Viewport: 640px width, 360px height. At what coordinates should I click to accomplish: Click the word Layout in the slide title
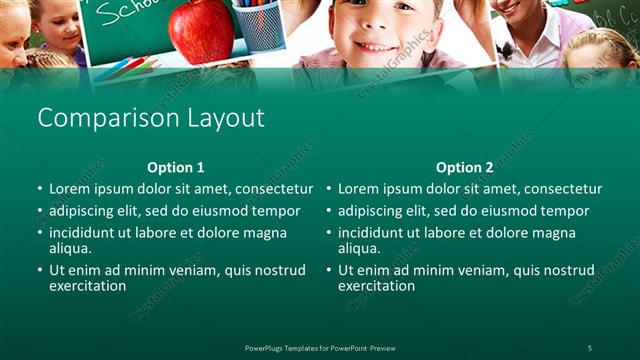pos(226,118)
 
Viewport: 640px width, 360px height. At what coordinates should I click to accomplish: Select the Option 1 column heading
pos(175,168)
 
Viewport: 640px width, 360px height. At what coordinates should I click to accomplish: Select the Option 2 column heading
pos(464,168)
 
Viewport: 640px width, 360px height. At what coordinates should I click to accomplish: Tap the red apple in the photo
pos(201,30)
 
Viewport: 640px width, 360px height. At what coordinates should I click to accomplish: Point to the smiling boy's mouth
pos(376,46)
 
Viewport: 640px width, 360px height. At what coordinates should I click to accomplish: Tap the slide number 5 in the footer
pos(589,347)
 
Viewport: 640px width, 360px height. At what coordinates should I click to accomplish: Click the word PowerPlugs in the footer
pos(267,347)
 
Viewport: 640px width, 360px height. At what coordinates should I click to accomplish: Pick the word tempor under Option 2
pos(567,211)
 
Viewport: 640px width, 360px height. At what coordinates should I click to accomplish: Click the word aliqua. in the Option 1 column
pos(70,248)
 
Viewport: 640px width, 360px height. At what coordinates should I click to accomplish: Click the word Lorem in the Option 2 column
pos(357,189)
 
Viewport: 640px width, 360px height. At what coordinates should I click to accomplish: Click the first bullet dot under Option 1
pos(40,189)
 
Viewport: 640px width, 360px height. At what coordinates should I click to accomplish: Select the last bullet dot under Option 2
pos(329,270)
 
